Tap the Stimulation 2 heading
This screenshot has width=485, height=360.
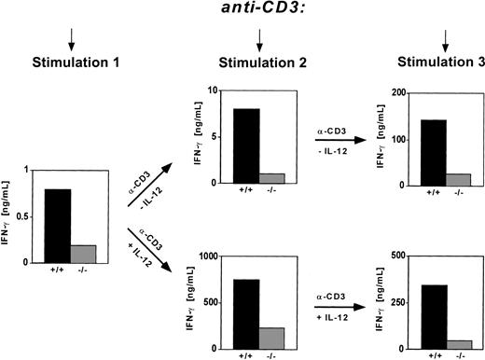(258, 62)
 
